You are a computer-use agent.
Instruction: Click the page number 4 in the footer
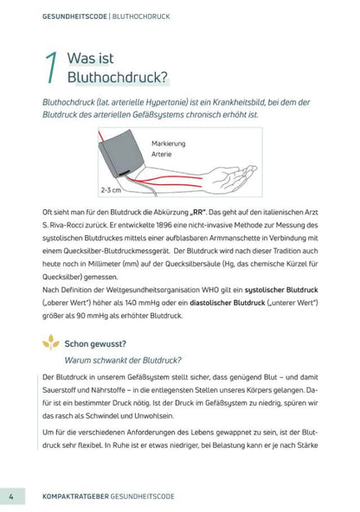pyautogui.click(x=10, y=496)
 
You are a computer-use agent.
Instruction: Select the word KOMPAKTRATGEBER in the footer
pyautogui.click(x=74, y=497)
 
